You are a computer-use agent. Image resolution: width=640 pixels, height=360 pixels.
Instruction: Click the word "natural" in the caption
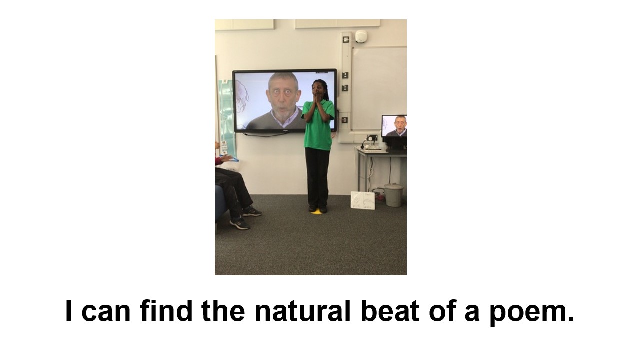(302, 311)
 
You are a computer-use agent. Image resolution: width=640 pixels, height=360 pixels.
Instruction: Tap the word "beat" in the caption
(390, 311)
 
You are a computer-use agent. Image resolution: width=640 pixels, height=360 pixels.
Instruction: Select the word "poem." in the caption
(532, 313)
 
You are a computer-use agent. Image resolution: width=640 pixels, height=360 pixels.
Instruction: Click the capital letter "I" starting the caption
(68, 310)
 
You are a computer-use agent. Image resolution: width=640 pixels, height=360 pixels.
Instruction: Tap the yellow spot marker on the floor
(316, 211)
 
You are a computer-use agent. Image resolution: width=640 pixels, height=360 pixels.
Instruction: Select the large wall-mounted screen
(285, 101)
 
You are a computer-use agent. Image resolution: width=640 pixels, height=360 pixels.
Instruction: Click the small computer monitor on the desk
(394, 127)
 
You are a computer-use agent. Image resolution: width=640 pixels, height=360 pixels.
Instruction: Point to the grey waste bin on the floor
(394, 195)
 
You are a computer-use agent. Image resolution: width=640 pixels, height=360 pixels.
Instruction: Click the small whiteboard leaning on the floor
(363, 200)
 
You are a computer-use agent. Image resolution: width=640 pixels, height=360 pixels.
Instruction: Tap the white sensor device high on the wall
(361, 36)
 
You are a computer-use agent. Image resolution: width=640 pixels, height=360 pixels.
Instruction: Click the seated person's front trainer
(239, 224)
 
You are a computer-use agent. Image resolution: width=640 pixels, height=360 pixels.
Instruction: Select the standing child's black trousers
(317, 176)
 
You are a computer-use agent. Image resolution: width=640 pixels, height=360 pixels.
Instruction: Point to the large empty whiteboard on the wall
(379, 88)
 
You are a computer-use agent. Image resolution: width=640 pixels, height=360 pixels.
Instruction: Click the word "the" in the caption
(223, 310)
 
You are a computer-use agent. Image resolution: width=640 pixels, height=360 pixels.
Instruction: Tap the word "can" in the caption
(106, 313)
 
